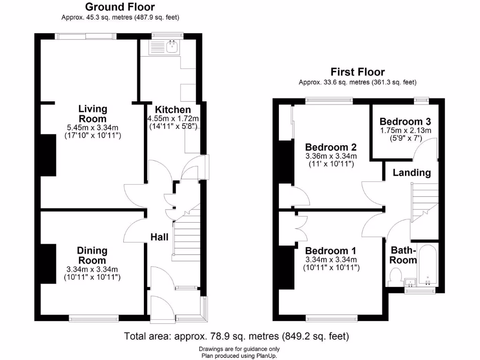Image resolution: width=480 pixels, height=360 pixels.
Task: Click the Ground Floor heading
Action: click(120, 7)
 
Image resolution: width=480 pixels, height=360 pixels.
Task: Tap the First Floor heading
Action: click(357, 72)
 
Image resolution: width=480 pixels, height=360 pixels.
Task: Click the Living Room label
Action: click(92, 113)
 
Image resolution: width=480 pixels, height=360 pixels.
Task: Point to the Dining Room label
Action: click(92, 255)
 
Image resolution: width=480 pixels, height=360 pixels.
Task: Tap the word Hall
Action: click(159, 237)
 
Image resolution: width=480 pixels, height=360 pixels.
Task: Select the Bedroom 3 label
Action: click(405, 120)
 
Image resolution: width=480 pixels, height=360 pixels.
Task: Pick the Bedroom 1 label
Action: click(331, 250)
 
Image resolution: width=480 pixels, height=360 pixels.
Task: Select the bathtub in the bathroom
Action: click(427, 265)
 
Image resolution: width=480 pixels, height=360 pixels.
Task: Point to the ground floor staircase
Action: click(187, 237)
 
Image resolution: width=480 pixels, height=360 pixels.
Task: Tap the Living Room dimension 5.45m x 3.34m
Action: click(92, 127)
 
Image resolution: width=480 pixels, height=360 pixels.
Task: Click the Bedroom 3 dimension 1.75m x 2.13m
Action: click(405, 130)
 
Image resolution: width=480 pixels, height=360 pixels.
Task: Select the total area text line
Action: click(236, 336)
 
